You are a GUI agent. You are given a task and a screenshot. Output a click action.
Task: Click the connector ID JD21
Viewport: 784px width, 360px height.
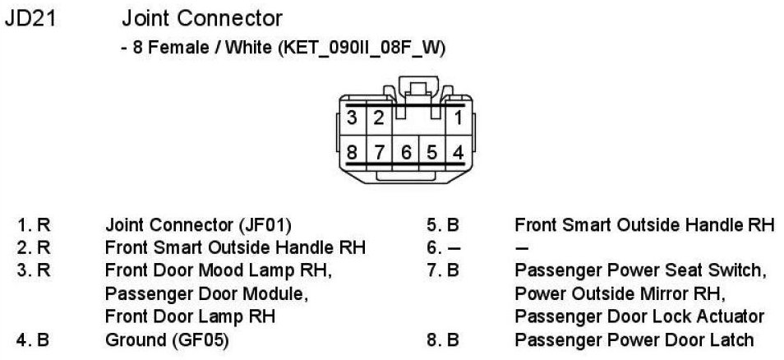click(30, 18)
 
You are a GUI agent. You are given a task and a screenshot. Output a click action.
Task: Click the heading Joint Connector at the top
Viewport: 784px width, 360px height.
click(201, 18)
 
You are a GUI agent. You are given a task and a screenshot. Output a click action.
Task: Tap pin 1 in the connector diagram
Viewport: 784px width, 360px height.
click(458, 117)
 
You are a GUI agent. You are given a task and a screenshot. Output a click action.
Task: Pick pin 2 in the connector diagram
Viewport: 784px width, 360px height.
click(378, 117)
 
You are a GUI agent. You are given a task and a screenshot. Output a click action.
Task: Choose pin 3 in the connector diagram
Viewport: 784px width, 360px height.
click(353, 117)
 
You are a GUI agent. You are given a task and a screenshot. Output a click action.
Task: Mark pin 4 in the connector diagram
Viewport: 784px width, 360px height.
click(458, 152)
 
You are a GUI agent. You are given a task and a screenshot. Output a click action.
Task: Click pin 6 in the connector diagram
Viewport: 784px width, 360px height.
click(406, 152)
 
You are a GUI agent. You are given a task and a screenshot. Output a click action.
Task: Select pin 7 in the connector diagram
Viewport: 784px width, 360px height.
click(379, 152)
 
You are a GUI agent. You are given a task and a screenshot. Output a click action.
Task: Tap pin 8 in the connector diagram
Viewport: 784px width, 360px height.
click(353, 152)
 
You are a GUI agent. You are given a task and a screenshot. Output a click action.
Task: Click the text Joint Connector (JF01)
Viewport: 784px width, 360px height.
click(198, 224)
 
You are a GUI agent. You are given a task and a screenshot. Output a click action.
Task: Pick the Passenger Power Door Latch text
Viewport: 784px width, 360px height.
click(634, 339)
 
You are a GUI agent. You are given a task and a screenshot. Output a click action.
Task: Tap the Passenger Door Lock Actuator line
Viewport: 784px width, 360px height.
click(639, 316)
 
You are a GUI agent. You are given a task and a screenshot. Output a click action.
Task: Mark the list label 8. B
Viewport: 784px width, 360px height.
click(442, 339)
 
